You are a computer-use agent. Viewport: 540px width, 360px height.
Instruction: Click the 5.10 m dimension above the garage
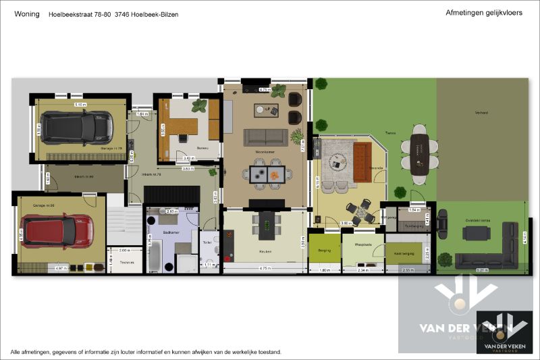[79, 105]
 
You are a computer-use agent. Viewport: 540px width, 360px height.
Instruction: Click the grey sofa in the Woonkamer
[265, 137]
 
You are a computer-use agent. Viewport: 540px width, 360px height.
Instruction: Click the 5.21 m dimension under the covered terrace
[483, 271]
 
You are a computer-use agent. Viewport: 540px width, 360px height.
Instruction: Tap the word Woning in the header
[26, 14]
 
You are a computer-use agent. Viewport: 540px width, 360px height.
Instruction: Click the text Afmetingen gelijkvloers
[484, 13]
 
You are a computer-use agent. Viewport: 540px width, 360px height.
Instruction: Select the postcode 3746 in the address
[122, 14]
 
